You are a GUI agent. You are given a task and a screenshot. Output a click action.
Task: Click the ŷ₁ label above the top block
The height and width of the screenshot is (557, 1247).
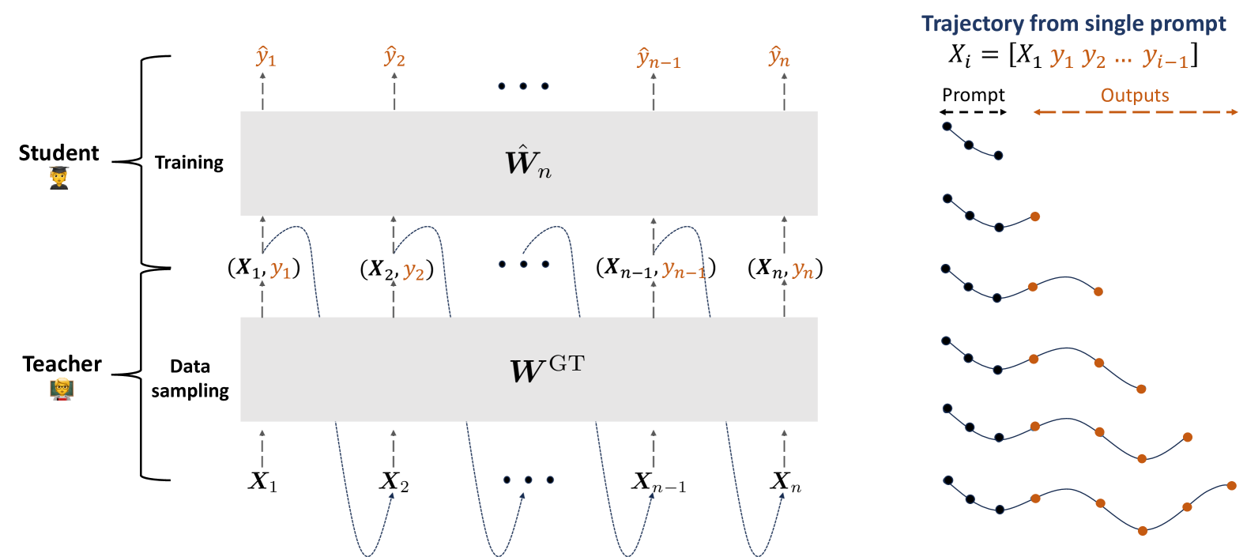tap(266, 57)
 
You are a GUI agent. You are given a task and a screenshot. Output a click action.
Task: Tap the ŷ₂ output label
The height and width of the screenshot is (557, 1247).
tap(394, 57)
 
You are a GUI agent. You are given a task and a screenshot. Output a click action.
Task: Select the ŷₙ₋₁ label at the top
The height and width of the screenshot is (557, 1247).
tap(658, 58)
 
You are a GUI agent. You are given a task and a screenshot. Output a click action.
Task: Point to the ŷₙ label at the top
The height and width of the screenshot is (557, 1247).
tap(779, 57)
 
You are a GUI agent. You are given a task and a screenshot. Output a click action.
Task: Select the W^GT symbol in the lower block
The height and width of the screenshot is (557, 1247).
tap(547, 369)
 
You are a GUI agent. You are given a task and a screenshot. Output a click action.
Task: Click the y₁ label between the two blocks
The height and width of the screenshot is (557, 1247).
tap(281, 270)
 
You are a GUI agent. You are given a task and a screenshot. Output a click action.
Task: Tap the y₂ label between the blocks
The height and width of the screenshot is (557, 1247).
tap(413, 272)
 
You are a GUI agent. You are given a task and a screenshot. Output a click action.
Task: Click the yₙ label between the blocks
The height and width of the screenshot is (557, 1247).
tap(802, 271)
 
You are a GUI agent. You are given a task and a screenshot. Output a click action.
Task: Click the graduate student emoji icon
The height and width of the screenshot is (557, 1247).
tap(60, 178)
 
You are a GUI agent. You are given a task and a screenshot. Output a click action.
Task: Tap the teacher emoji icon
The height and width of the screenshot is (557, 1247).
tap(62, 389)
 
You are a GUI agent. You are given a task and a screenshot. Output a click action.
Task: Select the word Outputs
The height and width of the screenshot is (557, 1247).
tap(1134, 96)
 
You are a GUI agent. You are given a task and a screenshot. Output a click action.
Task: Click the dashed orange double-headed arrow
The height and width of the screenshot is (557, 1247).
tap(1136, 112)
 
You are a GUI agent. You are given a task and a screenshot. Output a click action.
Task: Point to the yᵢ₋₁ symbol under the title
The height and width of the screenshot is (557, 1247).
tap(1164, 59)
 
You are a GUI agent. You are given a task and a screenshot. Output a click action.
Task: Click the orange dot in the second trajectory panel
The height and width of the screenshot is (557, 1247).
tap(1035, 216)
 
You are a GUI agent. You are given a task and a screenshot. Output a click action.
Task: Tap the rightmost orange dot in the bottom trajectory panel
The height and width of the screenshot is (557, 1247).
tap(1231, 486)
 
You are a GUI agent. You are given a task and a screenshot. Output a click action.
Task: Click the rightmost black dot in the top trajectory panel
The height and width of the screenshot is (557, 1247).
tap(998, 155)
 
